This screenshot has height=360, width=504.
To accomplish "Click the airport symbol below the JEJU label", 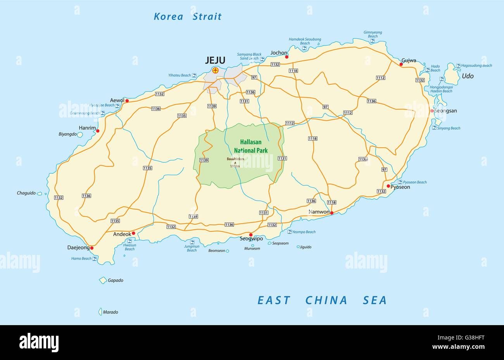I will (215, 71).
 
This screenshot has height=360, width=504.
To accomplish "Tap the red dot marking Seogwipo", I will (251, 234).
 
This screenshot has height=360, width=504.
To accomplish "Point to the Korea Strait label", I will (188, 16).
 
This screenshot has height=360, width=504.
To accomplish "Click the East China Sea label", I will (322, 300).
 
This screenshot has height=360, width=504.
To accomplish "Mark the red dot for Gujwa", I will (401, 64).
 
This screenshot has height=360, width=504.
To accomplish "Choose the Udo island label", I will (468, 76).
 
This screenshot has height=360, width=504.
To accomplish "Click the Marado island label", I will (110, 312).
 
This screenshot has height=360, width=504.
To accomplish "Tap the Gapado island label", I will (116, 280).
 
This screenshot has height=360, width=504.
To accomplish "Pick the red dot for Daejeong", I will (92, 248).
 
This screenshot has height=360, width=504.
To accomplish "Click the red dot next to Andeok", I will (133, 233).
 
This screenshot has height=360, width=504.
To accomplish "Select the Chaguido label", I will (26, 193).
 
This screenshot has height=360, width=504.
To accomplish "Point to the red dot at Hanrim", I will (98, 131).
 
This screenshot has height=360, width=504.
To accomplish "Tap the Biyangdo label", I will (67, 135).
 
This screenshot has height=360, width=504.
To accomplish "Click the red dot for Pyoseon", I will (388, 186).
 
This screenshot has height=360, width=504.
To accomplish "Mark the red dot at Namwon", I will (332, 213).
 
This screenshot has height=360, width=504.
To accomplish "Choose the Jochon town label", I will (279, 53).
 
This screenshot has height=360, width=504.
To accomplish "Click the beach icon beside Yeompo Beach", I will (289, 232).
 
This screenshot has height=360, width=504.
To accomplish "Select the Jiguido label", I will (306, 247).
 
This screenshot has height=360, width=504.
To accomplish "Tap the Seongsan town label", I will (445, 111).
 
